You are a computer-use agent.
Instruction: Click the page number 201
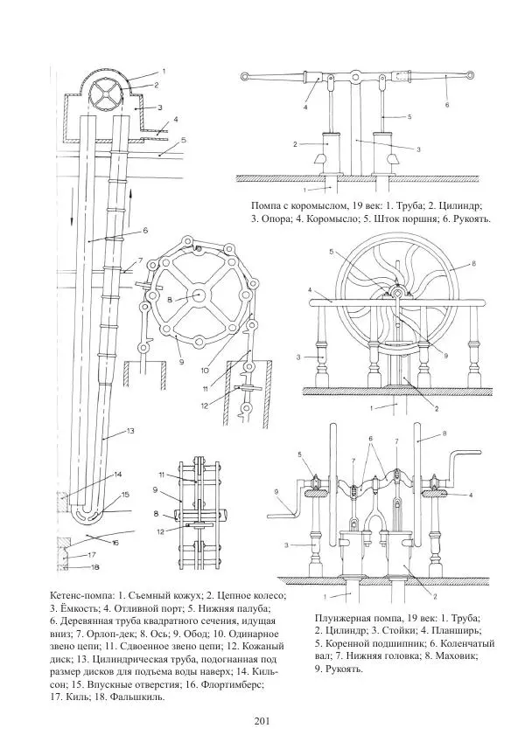[x=260, y=720]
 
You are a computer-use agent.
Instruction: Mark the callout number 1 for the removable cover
[x=163, y=71]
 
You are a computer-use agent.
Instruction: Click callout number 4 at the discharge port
[x=176, y=118]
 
